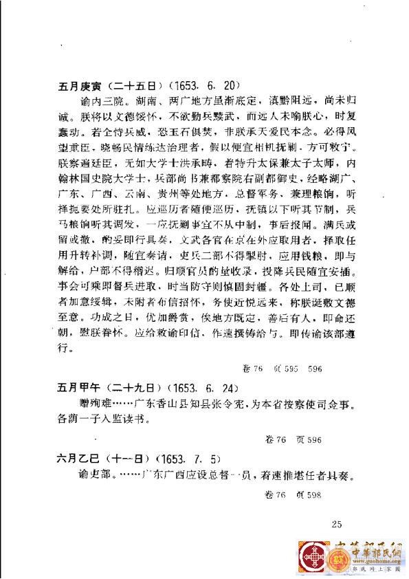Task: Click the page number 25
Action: [336, 525]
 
